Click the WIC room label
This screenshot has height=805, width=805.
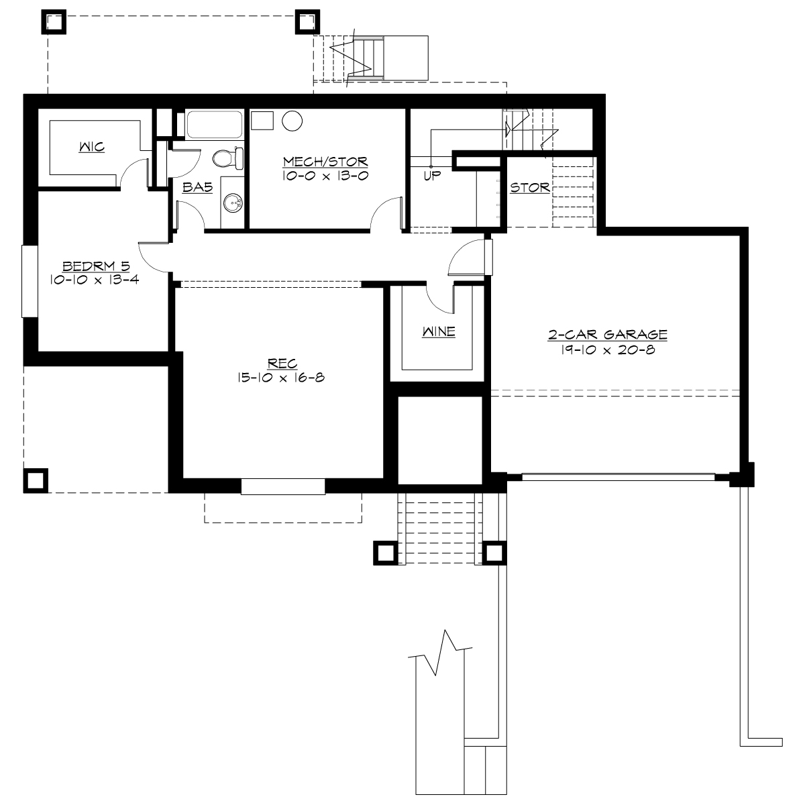[91, 146]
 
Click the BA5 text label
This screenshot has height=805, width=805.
[198, 189]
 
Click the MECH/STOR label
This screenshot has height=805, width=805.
[325, 162]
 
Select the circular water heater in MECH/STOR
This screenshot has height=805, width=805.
[292, 121]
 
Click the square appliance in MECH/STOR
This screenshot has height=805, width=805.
[262, 121]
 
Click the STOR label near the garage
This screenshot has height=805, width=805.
[529, 188]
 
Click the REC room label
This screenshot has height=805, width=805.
[278, 364]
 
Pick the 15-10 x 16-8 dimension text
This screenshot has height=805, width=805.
[280, 378]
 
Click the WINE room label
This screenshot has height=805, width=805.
[439, 331]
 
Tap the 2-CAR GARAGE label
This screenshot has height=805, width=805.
[607, 334]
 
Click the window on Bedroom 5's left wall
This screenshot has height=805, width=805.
[30, 280]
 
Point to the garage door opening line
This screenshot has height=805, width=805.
[618, 477]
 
